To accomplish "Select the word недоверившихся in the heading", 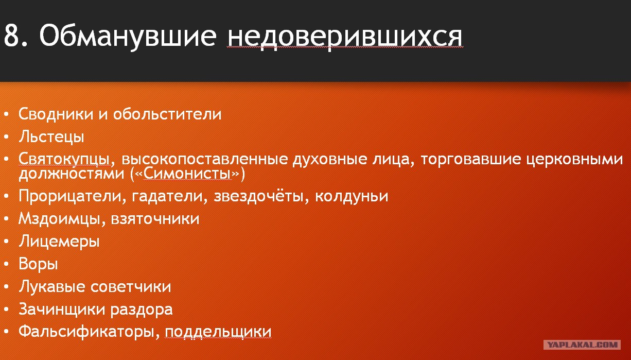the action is coord(345,37).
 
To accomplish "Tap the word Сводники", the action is coord(56,114).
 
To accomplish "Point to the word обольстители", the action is coord(167,114).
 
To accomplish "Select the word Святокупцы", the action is coord(64,159).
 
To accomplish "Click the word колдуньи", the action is coord(352,196).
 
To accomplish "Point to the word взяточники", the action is coord(155,219).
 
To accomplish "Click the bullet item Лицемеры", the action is coord(59,242).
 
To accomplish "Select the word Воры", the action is coord(38,264).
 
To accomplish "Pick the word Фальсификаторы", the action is coord(87,332).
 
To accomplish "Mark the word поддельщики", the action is coord(218,332).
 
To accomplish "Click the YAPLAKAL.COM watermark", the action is coord(582,345).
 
